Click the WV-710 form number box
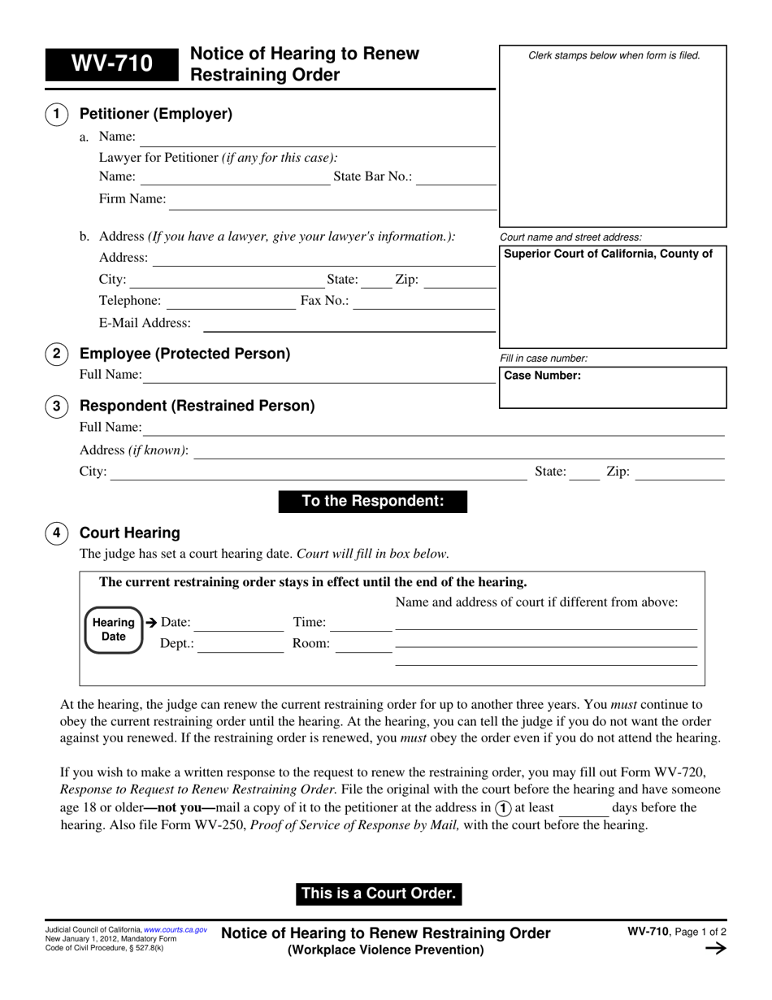(111, 63)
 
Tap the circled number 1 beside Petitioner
(56, 115)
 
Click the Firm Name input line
(332, 200)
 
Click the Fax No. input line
(424, 302)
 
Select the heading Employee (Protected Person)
(184, 354)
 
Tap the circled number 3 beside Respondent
(56, 406)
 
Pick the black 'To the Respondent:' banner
(373, 502)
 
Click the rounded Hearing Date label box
(113, 630)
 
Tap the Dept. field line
(241, 645)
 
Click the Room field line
(363, 645)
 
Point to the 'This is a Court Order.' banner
(379, 893)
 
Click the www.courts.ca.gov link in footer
(176, 929)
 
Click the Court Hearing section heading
(129, 533)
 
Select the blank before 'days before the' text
(584, 808)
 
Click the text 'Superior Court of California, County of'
(609, 254)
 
